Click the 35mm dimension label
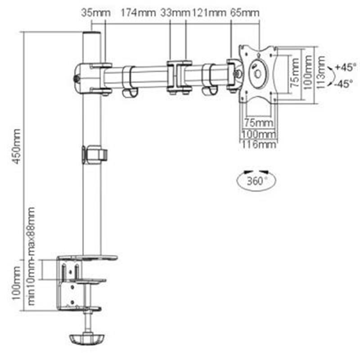[x=95, y=13]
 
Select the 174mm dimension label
[x=138, y=13]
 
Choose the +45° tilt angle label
[x=345, y=67]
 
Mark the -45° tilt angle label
[x=345, y=84]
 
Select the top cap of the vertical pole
[x=92, y=34]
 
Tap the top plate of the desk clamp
[x=87, y=258]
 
